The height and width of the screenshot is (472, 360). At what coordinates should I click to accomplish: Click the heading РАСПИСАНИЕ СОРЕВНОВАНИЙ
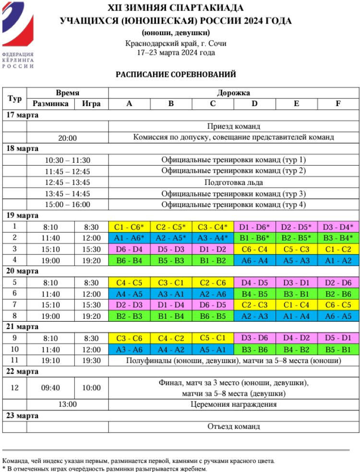click(176, 75)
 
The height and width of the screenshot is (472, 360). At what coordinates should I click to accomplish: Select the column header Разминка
click(50, 104)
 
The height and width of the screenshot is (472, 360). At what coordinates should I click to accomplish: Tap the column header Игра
click(91, 104)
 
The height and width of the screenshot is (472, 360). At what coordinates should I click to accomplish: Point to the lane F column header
click(337, 104)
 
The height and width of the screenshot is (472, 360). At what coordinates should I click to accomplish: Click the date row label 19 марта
click(23, 215)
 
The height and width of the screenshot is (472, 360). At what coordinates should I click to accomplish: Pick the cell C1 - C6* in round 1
click(130, 227)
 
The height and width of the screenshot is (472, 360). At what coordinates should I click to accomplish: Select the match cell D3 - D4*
click(337, 227)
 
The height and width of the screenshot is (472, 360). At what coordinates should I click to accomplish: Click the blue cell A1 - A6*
click(130, 238)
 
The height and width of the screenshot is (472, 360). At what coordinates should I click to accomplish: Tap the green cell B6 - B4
click(130, 261)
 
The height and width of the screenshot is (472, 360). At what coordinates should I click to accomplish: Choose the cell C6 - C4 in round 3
click(254, 249)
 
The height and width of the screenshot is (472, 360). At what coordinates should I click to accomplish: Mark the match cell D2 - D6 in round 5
click(337, 283)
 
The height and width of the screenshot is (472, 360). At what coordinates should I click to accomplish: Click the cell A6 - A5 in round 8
click(337, 316)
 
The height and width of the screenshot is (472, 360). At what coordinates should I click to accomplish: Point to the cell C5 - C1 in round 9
click(213, 339)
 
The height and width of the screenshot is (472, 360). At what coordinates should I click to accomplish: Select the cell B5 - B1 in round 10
click(337, 350)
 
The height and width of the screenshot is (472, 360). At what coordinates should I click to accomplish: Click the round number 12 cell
click(14, 388)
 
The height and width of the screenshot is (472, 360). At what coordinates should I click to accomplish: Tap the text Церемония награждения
click(234, 404)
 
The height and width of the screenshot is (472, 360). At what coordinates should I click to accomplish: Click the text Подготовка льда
click(234, 182)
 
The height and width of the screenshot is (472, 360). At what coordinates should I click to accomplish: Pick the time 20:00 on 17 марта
click(68, 138)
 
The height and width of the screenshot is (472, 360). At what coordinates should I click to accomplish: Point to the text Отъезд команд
click(234, 426)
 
